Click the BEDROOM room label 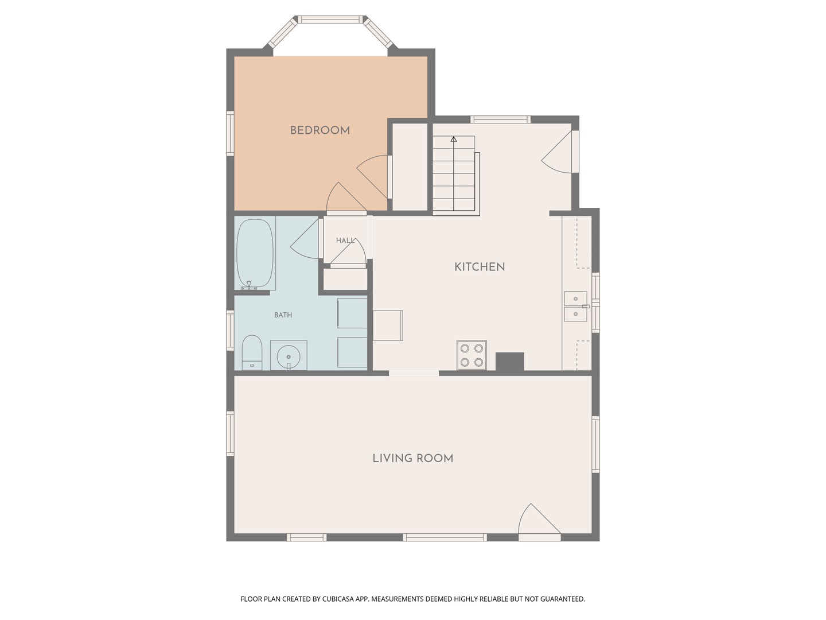[320, 130]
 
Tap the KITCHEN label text [480, 267]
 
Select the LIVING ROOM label [412, 458]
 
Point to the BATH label [283, 315]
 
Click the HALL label [345, 241]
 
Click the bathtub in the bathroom [255, 253]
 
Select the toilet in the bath [252, 352]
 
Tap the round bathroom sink [288, 356]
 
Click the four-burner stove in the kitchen [472, 355]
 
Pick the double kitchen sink [575, 307]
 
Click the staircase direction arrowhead [454, 139]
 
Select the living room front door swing [538, 521]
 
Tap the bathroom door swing [306, 242]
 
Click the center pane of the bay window [332, 20]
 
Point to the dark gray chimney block [509, 361]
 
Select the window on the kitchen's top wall [500, 119]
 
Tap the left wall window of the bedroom [230, 133]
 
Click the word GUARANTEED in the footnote [561, 599]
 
